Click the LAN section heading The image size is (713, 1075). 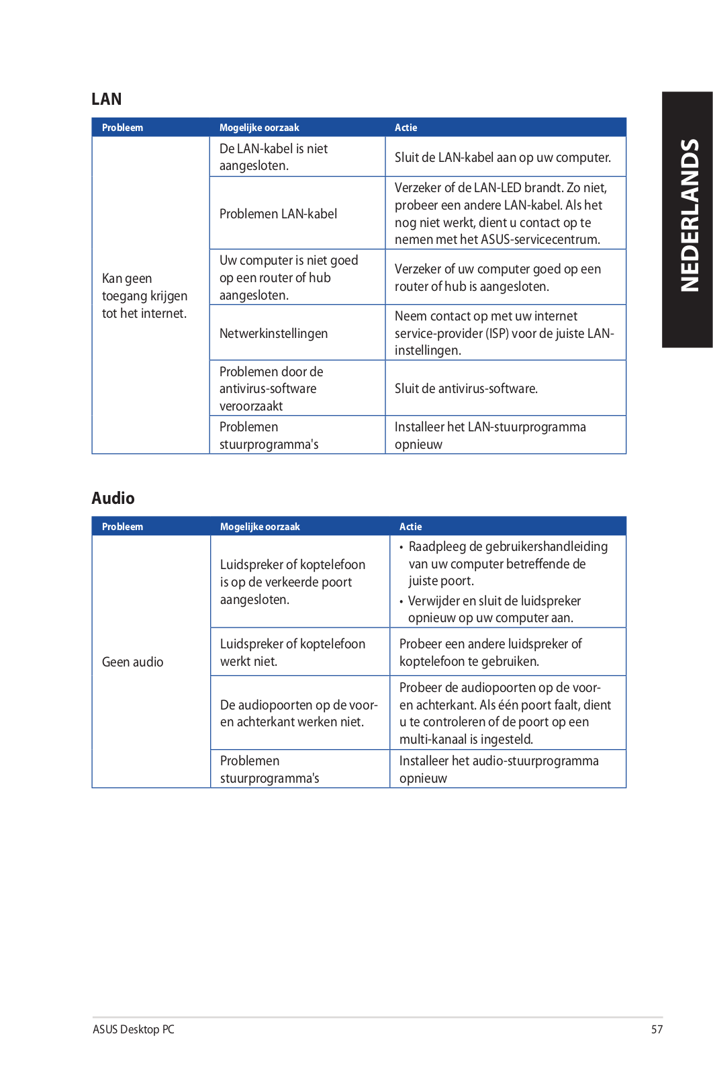pos(107,99)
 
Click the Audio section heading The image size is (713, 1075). pos(113,499)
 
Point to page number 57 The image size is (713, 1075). pos(657,1029)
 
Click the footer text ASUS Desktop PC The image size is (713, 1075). pos(134,1029)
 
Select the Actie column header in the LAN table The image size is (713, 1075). pos(406,128)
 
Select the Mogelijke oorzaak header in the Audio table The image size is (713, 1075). pos(260,527)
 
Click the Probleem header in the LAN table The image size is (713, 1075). pos(122,128)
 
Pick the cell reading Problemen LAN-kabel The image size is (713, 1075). pos(278,214)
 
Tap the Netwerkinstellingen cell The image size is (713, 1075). pos(273,333)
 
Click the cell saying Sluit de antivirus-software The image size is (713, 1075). pos(466,388)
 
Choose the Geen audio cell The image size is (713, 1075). pos(132,662)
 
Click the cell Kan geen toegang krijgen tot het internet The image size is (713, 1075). pos(144,296)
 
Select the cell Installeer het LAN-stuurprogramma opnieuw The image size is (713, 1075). pos(489,435)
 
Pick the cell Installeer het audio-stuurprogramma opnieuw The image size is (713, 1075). pos(498,769)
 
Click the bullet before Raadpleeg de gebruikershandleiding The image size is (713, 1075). pos(401,548)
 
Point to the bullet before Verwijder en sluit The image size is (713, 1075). pos(401,601)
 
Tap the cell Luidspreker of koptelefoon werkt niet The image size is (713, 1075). pos(292,652)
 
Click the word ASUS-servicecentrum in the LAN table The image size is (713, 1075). pos(540,240)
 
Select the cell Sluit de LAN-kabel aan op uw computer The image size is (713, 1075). pos(502,158)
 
